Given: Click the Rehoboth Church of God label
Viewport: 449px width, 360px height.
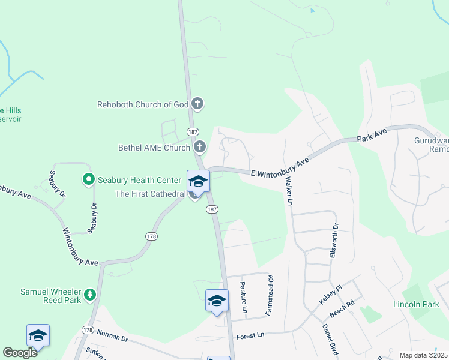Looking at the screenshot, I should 143,104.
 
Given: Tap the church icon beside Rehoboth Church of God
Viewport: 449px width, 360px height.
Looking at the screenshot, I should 198,104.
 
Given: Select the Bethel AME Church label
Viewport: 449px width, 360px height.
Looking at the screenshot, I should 154,147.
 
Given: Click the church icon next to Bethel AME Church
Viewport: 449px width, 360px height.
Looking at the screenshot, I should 200,146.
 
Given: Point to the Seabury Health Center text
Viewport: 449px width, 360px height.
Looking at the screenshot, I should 139,180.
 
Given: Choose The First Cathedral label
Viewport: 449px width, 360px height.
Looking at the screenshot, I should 151,194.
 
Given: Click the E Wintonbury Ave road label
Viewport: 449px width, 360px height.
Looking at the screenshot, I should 279,167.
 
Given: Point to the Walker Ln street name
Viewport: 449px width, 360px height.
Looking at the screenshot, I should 288,191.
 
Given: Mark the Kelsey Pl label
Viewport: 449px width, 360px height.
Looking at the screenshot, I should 330,294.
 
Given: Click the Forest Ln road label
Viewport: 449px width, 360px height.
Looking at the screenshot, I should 250,335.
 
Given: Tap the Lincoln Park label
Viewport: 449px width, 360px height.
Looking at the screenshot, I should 415,305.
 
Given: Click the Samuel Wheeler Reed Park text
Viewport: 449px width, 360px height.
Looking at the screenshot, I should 41,293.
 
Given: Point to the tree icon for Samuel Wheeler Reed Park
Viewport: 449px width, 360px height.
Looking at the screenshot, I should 90,293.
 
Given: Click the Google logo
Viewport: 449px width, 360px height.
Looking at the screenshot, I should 20,352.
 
